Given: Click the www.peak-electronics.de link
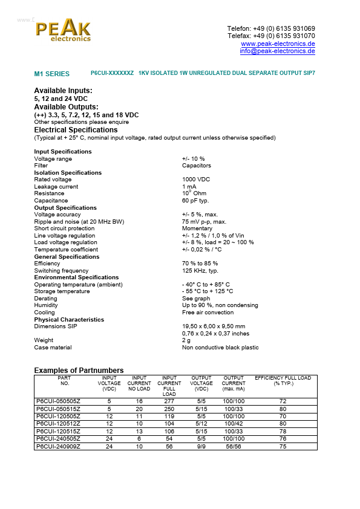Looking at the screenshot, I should click(x=278, y=44).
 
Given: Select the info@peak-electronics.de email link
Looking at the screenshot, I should click(x=277, y=51).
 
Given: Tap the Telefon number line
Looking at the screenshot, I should click(x=270, y=28).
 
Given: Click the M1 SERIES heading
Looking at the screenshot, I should click(x=51, y=74).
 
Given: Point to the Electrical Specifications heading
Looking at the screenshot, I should click(x=76, y=130).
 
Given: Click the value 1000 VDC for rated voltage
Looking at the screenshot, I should click(x=196, y=180).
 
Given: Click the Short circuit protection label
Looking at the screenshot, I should click(x=64, y=229).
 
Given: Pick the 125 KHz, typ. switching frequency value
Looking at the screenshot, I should click(x=200, y=271).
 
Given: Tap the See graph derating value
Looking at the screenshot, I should click(x=197, y=299).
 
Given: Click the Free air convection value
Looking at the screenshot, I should click(x=208, y=313).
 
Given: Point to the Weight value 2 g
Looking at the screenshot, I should click(x=186, y=340).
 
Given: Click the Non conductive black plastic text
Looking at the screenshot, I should click(x=220, y=348).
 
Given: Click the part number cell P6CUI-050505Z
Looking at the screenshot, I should click(x=58, y=401).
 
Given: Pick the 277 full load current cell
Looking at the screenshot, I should click(x=169, y=401).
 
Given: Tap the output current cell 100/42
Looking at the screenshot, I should click(x=233, y=424).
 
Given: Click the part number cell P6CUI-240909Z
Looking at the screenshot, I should click(x=58, y=447).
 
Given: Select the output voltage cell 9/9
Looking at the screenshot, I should click(x=201, y=447).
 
